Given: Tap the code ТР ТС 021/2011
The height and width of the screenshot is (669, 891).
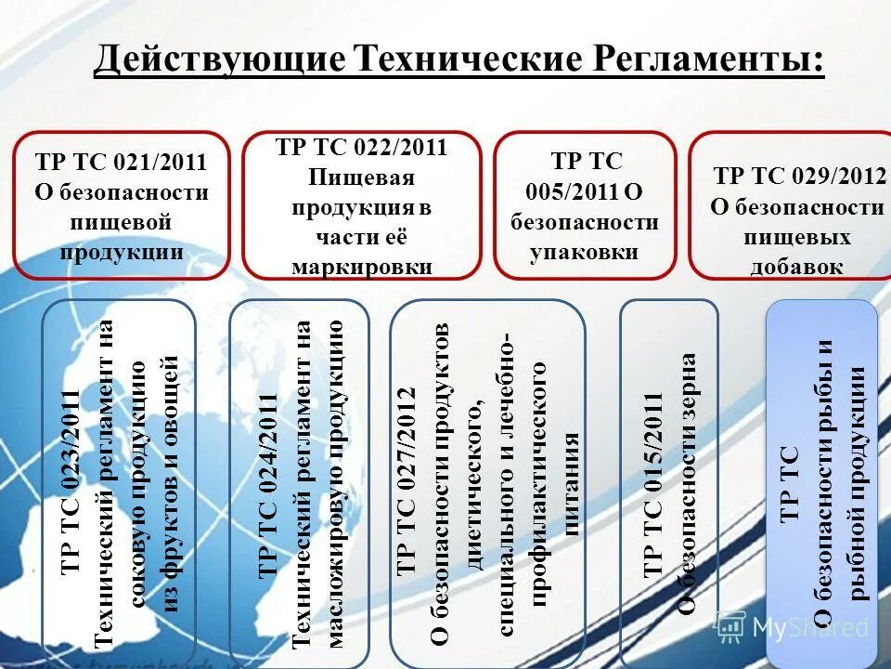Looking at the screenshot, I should click(x=121, y=162).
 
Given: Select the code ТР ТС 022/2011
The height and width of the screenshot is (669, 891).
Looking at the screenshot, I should click(x=362, y=147).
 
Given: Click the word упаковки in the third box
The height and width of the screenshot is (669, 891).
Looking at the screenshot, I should click(x=584, y=252).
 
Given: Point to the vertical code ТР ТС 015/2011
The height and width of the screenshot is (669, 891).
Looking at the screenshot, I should click(x=653, y=483).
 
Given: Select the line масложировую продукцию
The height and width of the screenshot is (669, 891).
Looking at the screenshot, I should click(x=336, y=483).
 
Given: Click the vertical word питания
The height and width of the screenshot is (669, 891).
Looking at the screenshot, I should click(x=573, y=484).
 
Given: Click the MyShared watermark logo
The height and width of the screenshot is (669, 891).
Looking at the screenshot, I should click(x=794, y=626).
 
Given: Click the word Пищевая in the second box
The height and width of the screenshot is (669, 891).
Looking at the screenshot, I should click(x=361, y=177).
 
